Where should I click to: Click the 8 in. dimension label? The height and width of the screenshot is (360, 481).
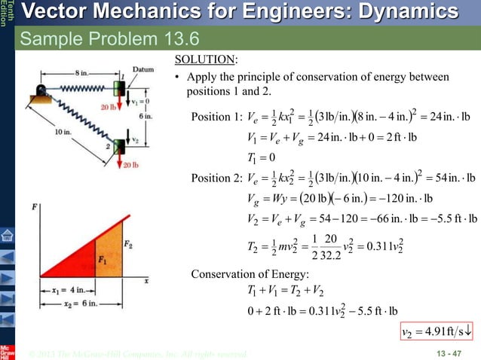pos(81,72)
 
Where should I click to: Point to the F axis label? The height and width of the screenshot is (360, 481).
pos(36,206)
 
